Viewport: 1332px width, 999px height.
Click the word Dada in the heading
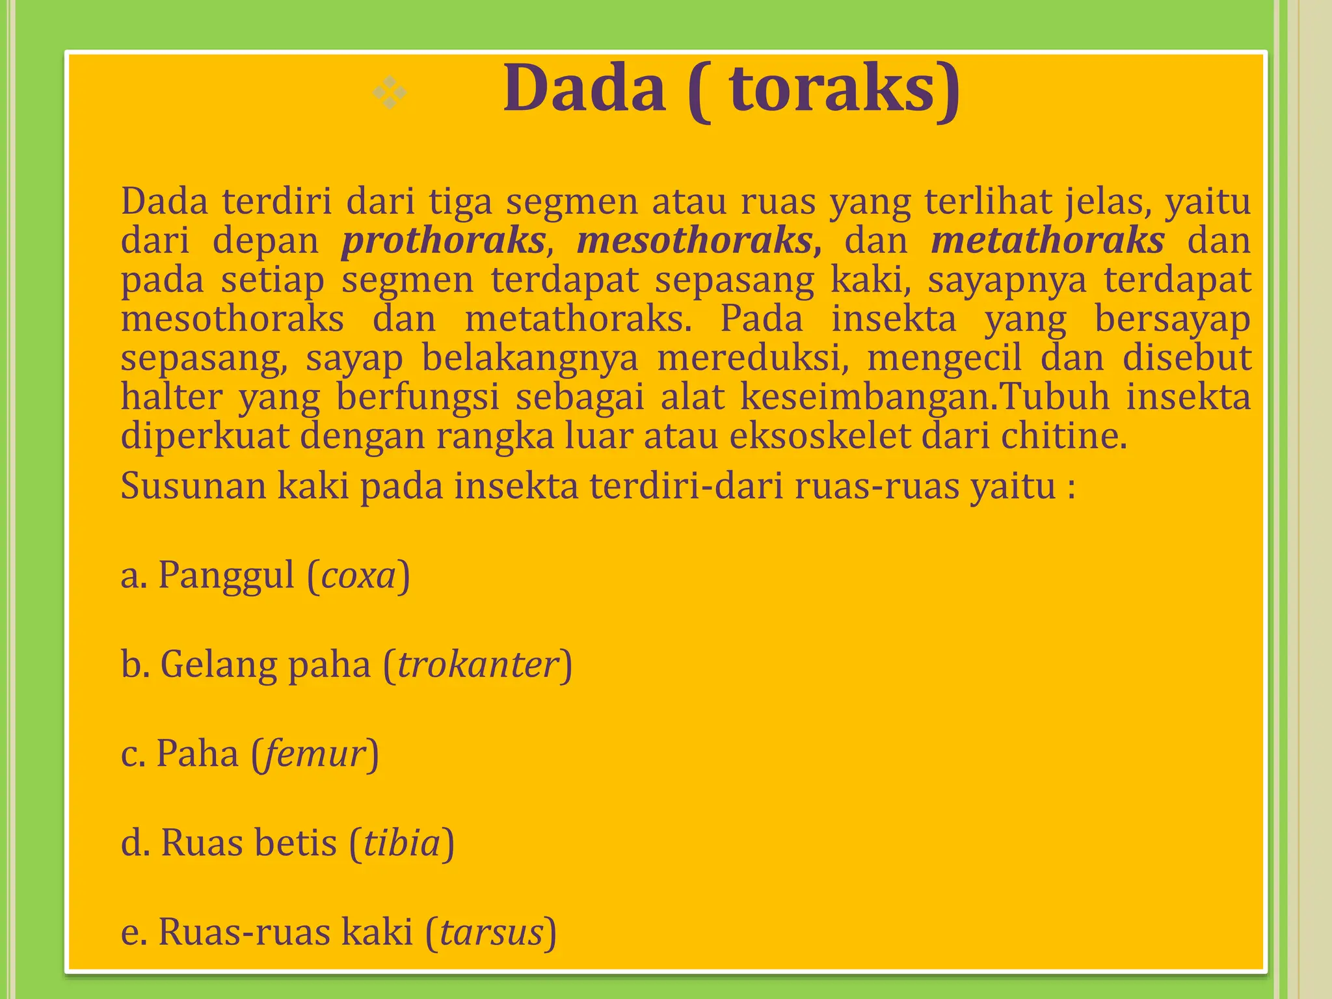coord(584,88)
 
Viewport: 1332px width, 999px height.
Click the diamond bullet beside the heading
coord(390,93)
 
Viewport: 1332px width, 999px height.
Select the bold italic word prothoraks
coord(444,241)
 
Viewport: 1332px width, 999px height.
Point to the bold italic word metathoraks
coord(1047,241)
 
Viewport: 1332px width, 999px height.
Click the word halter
coord(172,397)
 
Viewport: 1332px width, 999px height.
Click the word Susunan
coord(193,486)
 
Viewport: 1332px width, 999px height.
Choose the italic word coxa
coord(358,576)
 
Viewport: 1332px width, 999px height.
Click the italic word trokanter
coord(478,665)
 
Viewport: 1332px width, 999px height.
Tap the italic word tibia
coord(402,844)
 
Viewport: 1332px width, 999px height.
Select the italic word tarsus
coord(492,932)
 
